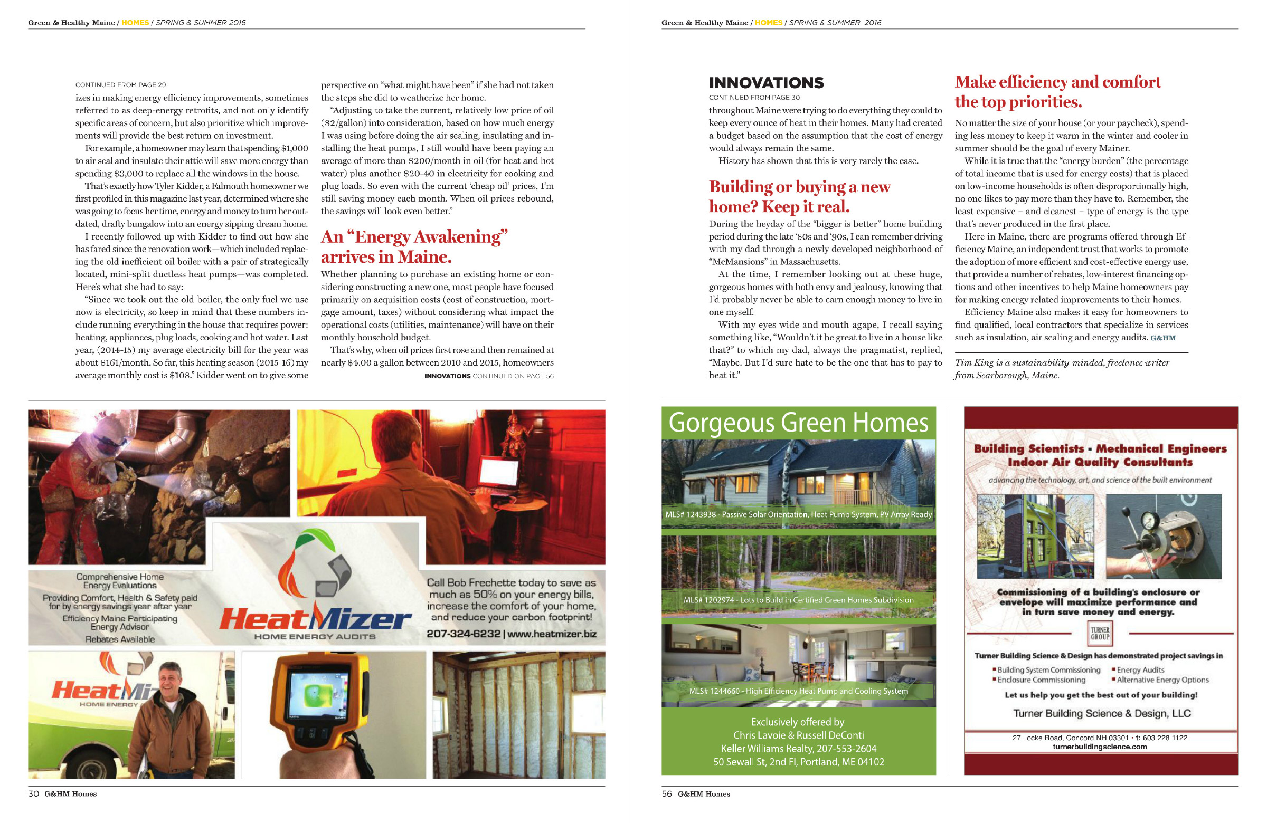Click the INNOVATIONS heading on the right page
766,83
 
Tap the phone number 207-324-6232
463,634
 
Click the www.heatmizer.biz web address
552,634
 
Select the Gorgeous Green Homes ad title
798,423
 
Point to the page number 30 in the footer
33,793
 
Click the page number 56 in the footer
667,793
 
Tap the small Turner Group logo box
1100,634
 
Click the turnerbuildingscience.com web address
1100,747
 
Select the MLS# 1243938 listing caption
798,514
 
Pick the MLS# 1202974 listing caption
798,599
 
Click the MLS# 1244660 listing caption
798,691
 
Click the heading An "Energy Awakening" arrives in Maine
414,246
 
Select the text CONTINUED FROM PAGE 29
120,84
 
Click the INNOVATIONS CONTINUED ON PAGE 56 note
489,376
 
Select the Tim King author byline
1062,369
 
